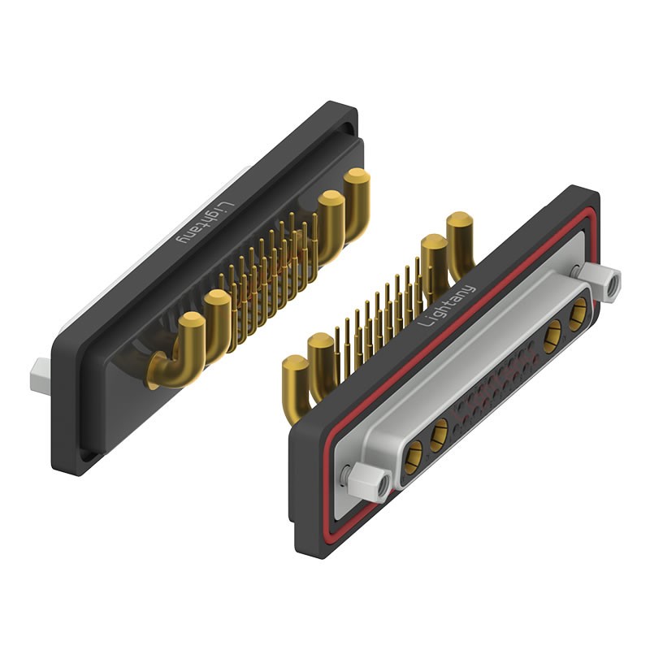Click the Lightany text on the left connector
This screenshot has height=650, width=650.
coord(206,223)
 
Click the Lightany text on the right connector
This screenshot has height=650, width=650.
coord(447,305)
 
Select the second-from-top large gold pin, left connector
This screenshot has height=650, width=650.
coord(331,226)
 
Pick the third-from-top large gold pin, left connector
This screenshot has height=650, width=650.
coord(217,326)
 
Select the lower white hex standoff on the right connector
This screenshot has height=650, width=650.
coord(369,481)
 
